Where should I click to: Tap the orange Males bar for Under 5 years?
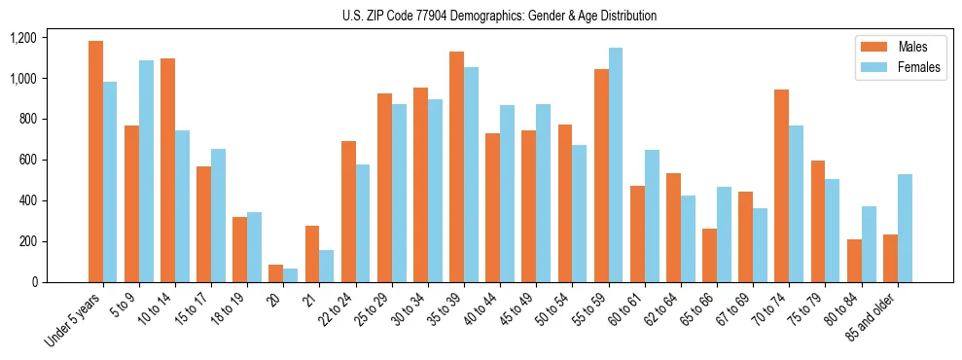tap(95, 162)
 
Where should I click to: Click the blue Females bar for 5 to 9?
tap(146, 171)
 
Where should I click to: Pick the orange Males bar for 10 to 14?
tap(167, 170)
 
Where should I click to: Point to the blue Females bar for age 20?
tap(291, 275)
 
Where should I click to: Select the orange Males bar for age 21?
tap(312, 254)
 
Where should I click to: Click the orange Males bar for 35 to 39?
tap(456, 166)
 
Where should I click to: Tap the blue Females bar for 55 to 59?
tap(616, 165)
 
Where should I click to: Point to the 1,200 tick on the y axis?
tap(50, 38)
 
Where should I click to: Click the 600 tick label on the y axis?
tap(54, 160)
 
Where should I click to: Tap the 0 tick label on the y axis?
tap(60, 282)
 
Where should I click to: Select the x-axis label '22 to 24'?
tap(338, 310)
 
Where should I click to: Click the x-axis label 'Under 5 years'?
tap(74, 321)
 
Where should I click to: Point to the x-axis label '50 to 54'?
tap(553, 310)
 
